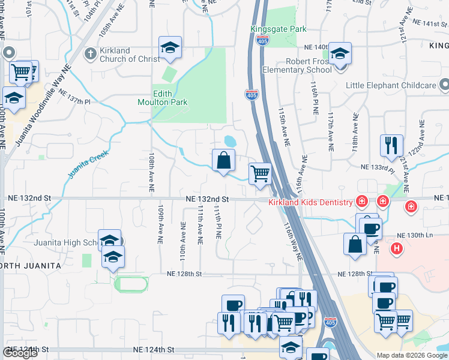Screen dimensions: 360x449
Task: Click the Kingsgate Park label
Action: click(x=279, y=29)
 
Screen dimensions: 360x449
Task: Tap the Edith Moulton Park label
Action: click(x=170, y=98)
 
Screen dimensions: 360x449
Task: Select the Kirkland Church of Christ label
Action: click(x=130, y=55)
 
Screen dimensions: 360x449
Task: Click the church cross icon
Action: click(x=91, y=55)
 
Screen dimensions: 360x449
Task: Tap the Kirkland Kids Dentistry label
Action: click(x=310, y=202)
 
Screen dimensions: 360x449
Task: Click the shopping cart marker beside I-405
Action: click(x=260, y=175)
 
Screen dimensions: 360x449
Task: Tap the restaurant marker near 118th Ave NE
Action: click(x=390, y=145)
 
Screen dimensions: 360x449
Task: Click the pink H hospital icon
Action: click(x=396, y=247)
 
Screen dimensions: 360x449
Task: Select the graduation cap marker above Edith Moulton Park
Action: click(x=170, y=48)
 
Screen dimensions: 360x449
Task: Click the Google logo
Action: click(x=20, y=353)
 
